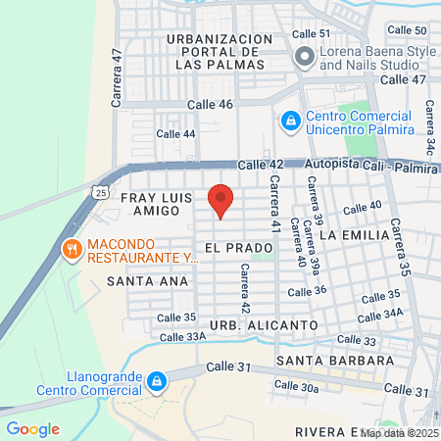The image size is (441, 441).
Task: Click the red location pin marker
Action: point(221,201)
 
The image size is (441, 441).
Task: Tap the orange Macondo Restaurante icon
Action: point(72,250)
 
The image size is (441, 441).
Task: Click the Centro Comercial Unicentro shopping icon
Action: point(290,121)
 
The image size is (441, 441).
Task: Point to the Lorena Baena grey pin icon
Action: point(303,57)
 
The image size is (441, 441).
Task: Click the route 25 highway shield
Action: point(103,194)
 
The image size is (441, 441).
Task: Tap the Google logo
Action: point(32,429)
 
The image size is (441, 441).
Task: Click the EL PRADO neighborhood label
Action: point(231,248)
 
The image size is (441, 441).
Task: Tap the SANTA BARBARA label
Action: point(336,361)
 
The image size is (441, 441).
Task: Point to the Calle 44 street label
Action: point(176,133)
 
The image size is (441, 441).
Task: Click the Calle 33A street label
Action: point(182,336)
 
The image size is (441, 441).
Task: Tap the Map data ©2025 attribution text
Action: point(399,432)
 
